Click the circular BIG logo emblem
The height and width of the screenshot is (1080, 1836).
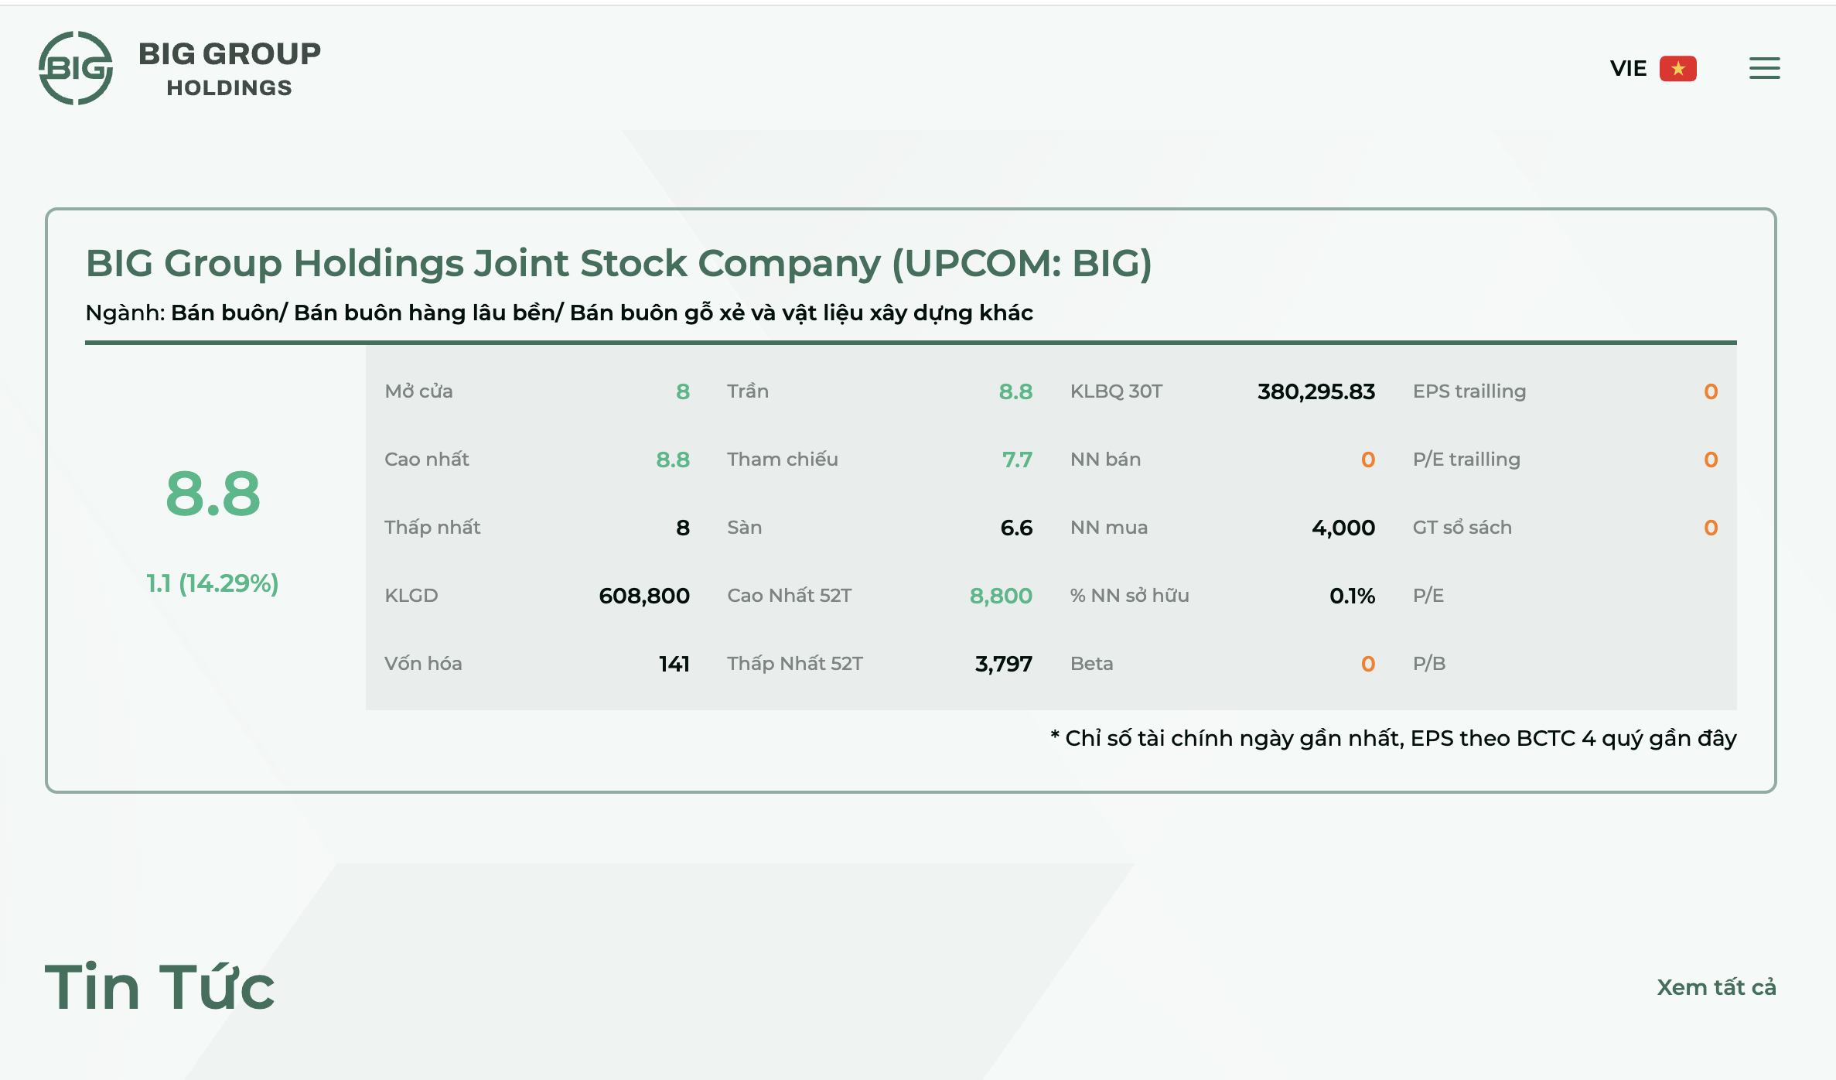pyautogui.click(x=76, y=68)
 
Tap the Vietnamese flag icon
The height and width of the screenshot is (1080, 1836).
pyautogui.click(x=1677, y=69)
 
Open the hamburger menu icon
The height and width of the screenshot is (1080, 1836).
pyautogui.click(x=1764, y=68)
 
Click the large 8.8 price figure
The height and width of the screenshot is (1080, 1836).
pyautogui.click(x=213, y=494)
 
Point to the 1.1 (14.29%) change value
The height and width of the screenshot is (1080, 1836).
pyautogui.click(x=213, y=583)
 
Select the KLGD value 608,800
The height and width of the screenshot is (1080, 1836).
pyautogui.click(x=643, y=596)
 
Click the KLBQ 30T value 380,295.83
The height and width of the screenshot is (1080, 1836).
pyautogui.click(x=1316, y=391)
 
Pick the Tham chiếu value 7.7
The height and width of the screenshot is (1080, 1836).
pyautogui.click(x=1017, y=460)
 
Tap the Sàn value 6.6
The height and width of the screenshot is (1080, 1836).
pyautogui.click(x=1016, y=528)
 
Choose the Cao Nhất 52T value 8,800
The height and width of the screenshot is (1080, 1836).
pyautogui.click(x=1001, y=596)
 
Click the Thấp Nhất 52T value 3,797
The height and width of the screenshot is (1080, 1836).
pyautogui.click(x=1003, y=664)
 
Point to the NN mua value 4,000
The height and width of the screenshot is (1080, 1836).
pyautogui.click(x=1343, y=528)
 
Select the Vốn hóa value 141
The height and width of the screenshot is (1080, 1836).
pyautogui.click(x=674, y=664)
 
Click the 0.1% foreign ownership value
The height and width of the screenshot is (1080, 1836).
pyautogui.click(x=1352, y=596)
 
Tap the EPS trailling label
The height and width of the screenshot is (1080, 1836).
pyautogui.click(x=1469, y=391)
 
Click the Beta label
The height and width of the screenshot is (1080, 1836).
pyautogui.click(x=1091, y=664)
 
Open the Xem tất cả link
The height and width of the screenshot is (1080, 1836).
pyautogui.click(x=1716, y=987)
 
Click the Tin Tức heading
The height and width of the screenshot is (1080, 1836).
pyautogui.click(x=159, y=987)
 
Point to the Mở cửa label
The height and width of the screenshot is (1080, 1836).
pyautogui.click(x=418, y=391)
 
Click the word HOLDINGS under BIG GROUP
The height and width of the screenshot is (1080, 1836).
pyautogui.click(x=230, y=88)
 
